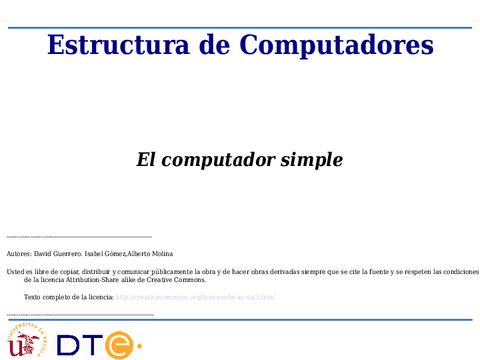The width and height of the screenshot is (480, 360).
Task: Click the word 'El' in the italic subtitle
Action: (x=147, y=159)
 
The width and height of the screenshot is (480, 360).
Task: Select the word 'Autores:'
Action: (x=19, y=255)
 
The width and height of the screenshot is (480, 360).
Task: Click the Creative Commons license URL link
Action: (x=195, y=297)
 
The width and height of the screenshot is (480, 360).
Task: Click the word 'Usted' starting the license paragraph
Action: (x=15, y=272)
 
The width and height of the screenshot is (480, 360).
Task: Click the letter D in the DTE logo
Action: (x=69, y=345)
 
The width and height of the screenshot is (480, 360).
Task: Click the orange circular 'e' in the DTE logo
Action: (x=120, y=345)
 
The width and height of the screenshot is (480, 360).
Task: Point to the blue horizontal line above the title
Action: (x=240, y=28)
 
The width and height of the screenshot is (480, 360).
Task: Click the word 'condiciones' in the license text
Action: (x=458, y=272)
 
